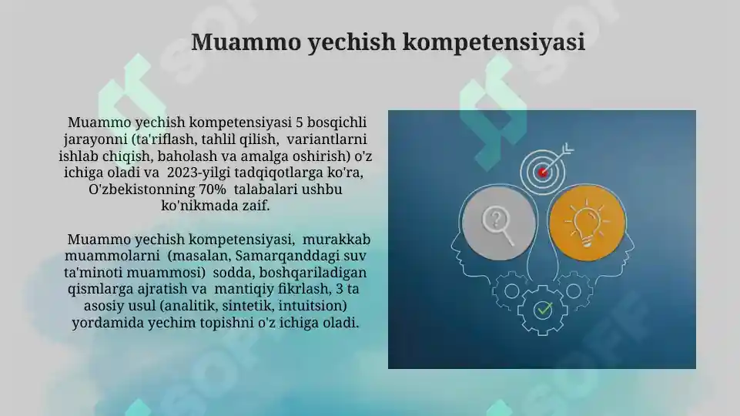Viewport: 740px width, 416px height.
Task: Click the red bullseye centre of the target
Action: [x=543, y=171]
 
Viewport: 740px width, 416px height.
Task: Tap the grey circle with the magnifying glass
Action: [x=498, y=223]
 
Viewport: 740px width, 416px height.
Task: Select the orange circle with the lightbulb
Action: [x=588, y=223]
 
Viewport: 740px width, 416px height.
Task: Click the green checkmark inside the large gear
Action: [x=544, y=310]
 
